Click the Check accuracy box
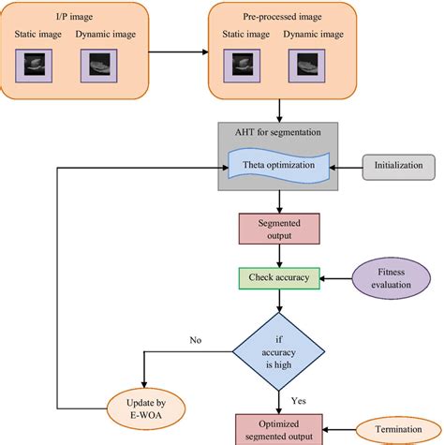pyautogui.click(x=278, y=277)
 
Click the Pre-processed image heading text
pyautogui.click(x=277, y=16)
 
